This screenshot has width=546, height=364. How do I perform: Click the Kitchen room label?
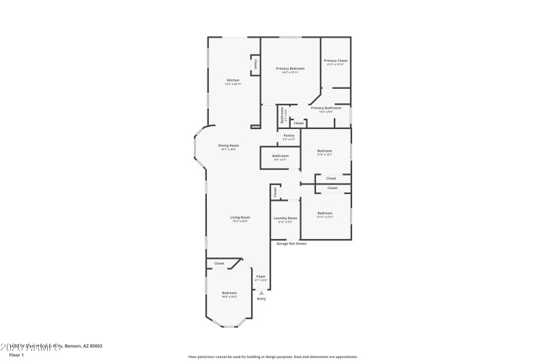point(233,81)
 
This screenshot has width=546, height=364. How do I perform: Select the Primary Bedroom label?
point(290,68)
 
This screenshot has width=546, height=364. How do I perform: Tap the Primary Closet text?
point(336,61)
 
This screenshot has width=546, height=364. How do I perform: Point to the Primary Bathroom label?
point(326,108)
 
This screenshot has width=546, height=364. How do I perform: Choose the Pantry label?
point(289,136)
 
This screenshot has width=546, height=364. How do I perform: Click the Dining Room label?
point(229,145)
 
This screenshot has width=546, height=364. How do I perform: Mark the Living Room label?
point(240,217)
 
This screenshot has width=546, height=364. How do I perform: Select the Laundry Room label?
point(285,218)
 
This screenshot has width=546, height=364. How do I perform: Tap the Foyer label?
point(261,277)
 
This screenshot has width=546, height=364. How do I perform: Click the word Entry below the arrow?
point(261,299)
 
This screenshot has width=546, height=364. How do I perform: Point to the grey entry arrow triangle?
point(261,292)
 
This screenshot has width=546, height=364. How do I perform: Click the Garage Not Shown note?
point(291,243)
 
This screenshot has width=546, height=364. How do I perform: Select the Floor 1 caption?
point(16,355)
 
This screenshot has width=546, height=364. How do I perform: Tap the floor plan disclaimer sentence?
point(272,356)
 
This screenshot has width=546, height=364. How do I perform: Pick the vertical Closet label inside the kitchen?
point(256,64)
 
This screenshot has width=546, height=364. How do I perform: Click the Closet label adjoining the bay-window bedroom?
point(219,263)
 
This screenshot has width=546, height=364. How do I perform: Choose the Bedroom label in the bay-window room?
point(229,293)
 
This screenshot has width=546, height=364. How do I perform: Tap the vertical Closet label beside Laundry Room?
point(276,193)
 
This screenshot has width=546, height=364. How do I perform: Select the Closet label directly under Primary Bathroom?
point(299,123)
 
